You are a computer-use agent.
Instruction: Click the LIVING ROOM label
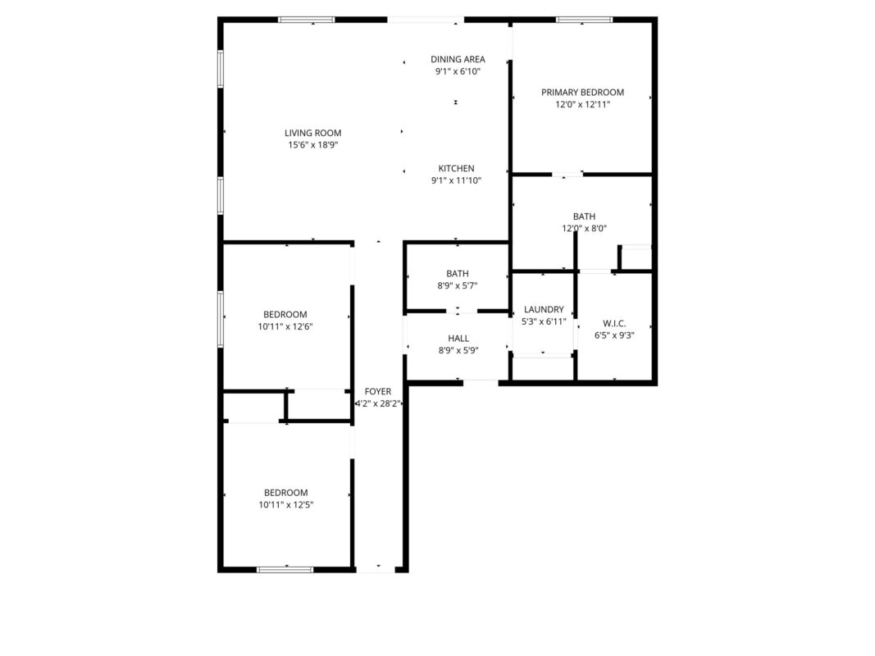pos(312,133)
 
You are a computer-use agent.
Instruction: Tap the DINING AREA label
pos(458,59)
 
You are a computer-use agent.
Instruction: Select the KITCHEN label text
pos(456,168)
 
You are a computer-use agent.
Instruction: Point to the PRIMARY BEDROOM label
pos(582,93)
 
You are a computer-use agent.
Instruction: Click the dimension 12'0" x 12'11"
pos(582,105)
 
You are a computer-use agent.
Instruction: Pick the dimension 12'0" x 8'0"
pos(584,229)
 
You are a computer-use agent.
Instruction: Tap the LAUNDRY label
pos(544,310)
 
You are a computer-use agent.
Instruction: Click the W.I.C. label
pos(614,324)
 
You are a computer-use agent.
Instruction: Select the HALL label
pos(458,339)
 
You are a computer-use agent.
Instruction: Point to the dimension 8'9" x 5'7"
pos(457,286)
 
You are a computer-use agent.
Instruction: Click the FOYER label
pos(378,392)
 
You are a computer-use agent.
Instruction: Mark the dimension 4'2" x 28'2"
pos(378,404)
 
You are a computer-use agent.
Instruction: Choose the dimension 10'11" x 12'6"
pos(285,327)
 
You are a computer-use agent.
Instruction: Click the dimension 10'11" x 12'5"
pos(285,505)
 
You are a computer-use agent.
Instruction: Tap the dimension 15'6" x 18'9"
pos(312,145)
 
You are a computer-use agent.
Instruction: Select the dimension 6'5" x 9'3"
pos(614,336)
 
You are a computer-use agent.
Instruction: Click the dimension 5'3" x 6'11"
pos(544,322)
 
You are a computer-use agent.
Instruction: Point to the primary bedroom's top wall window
pos(584,20)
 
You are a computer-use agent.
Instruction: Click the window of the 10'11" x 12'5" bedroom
pos(285,570)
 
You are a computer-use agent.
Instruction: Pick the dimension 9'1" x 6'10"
pos(458,71)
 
